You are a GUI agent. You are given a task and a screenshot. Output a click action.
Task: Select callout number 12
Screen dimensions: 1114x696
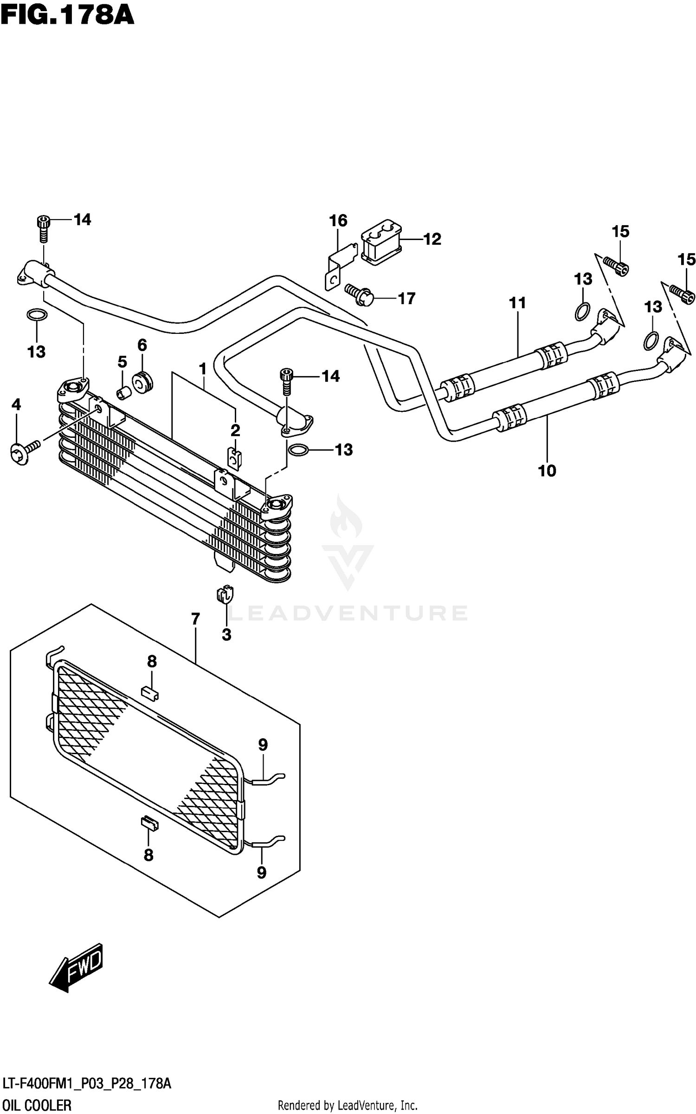pyautogui.click(x=432, y=239)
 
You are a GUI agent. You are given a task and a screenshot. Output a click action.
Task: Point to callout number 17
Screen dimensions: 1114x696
pyautogui.click(x=406, y=299)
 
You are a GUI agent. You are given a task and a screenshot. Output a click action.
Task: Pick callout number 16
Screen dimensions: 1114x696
pyautogui.click(x=338, y=221)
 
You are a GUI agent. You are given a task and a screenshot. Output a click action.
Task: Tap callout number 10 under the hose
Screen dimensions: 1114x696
pyautogui.click(x=547, y=471)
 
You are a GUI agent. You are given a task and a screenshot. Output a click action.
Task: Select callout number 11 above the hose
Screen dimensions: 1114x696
pyautogui.click(x=517, y=303)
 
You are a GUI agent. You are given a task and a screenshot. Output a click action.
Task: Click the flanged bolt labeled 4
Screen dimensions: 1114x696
pyautogui.click(x=24, y=450)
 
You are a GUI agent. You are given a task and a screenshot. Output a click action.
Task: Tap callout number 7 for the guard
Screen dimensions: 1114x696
pyautogui.click(x=195, y=619)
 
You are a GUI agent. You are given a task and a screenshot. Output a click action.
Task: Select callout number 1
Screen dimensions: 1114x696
pyautogui.click(x=202, y=369)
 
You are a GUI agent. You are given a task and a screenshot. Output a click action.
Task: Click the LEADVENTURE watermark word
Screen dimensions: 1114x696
pyautogui.click(x=348, y=613)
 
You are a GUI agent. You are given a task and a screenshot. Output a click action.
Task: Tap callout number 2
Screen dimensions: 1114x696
pyautogui.click(x=235, y=430)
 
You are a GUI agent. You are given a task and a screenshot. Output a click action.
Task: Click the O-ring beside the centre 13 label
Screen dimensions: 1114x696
pyautogui.click(x=298, y=450)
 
